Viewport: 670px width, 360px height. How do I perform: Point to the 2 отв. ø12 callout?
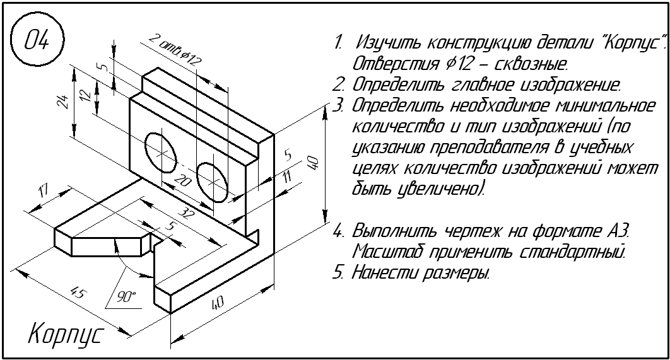tap(175, 50)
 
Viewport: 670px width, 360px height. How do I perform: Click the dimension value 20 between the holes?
tap(182, 181)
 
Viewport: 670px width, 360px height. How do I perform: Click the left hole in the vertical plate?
tap(162, 151)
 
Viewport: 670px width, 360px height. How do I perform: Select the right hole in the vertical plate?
tap(212, 180)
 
